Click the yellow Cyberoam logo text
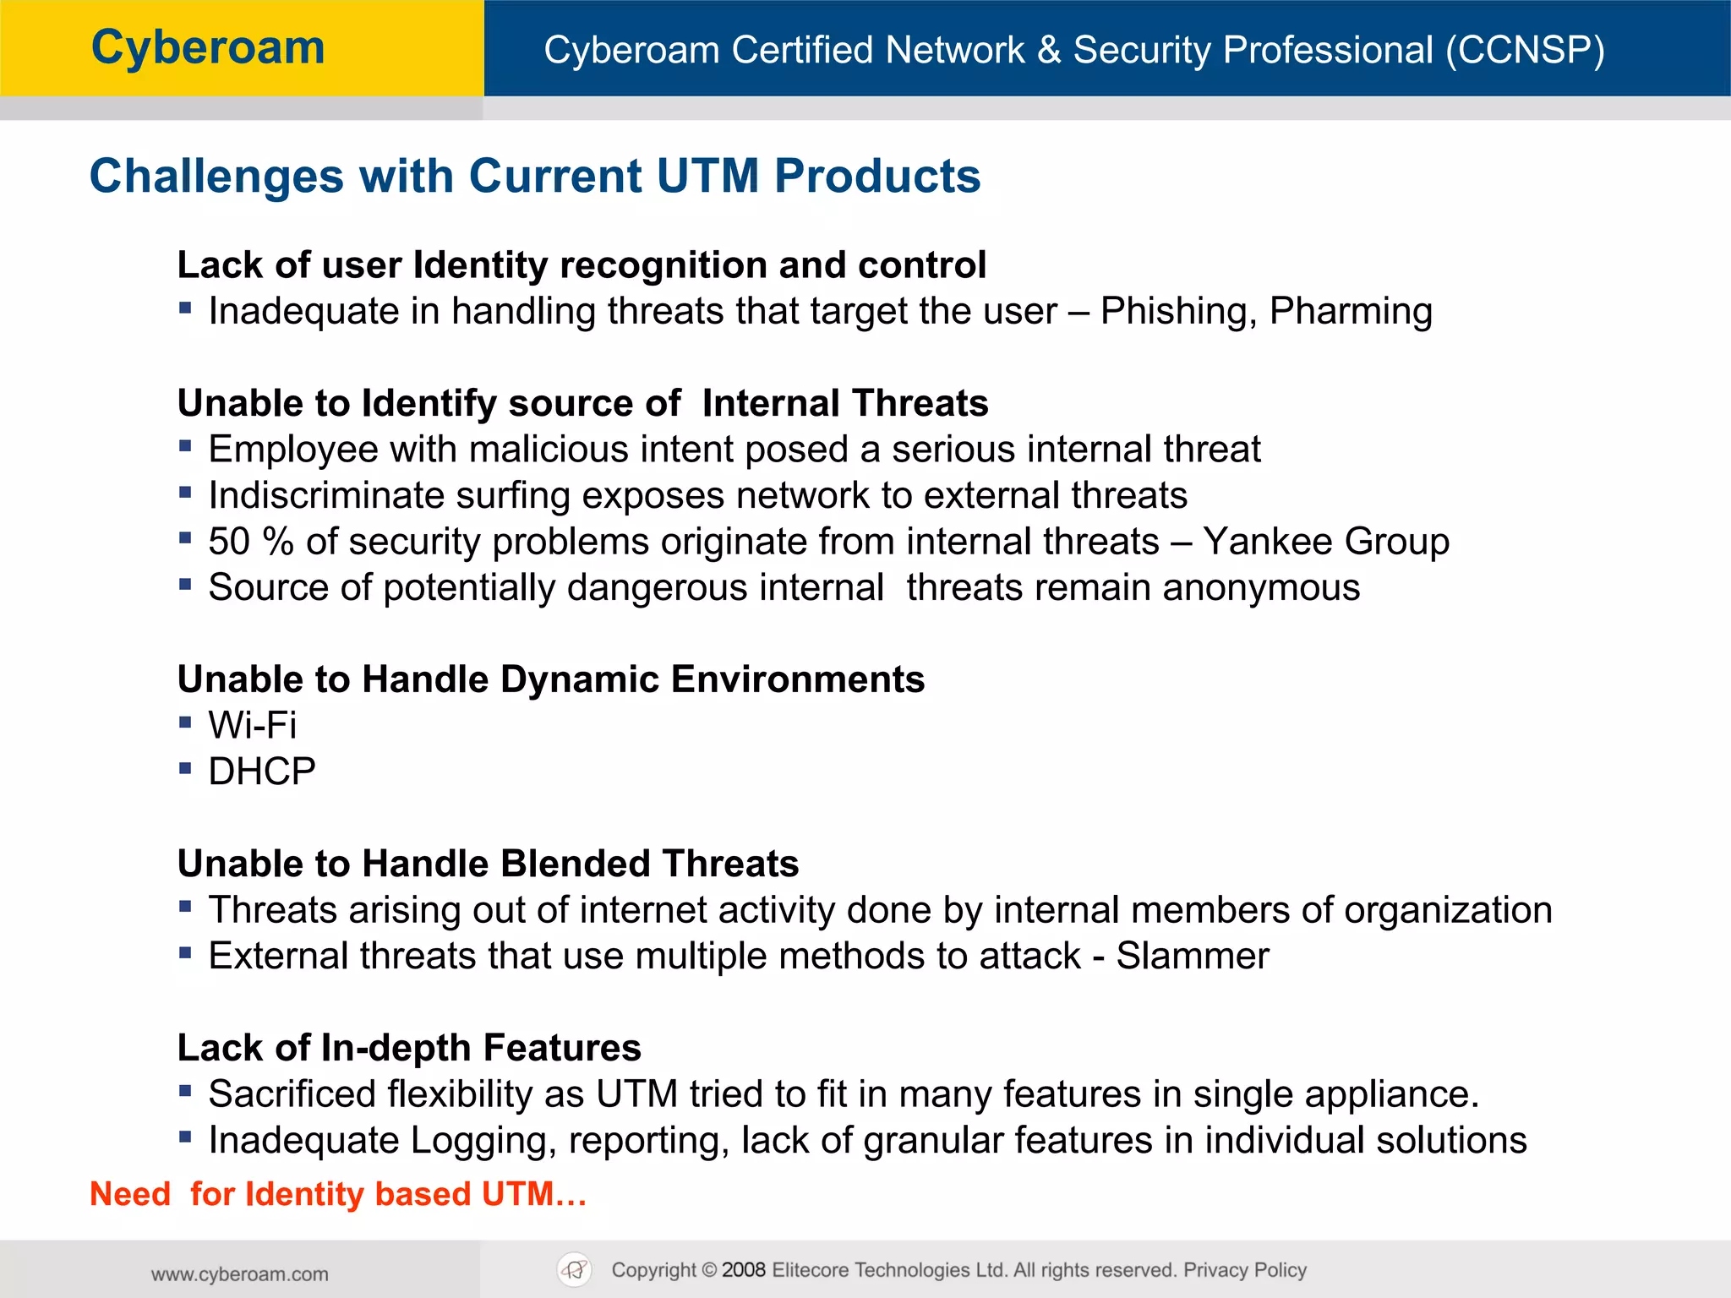point(208,48)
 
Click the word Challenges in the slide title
point(216,177)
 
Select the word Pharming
point(1351,312)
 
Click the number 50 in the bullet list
point(229,542)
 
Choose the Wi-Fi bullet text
point(253,726)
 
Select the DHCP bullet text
point(262,772)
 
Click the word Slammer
point(1192,956)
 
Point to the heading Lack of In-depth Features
point(409,1048)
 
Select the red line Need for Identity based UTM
point(338,1194)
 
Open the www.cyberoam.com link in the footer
point(240,1274)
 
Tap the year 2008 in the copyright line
point(743,1270)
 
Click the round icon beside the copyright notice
point(575,1269)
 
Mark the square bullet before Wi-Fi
point(186,723)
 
